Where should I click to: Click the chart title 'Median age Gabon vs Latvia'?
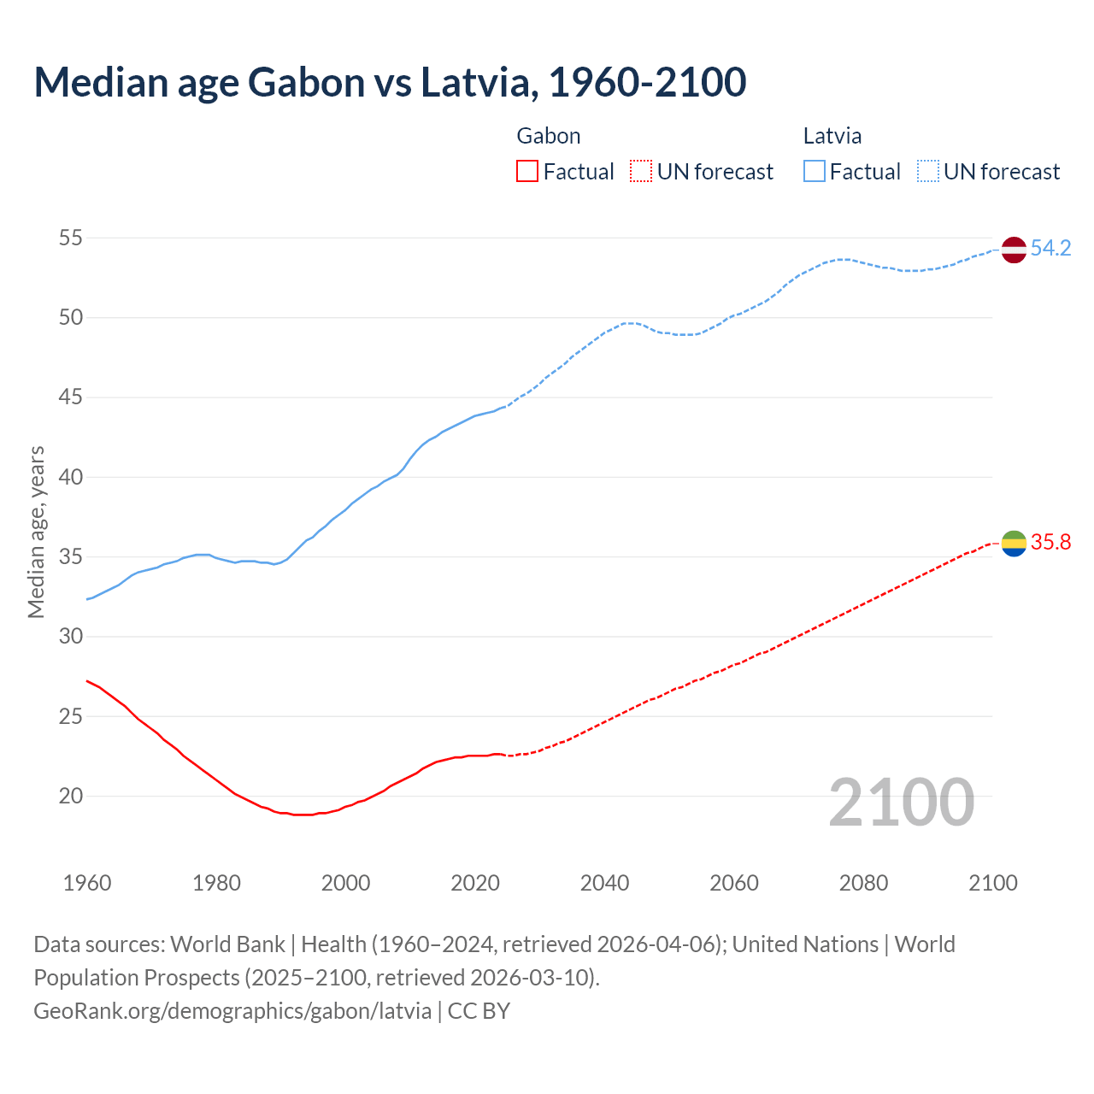coord(390,82)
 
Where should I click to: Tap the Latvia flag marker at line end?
coord(1013,250)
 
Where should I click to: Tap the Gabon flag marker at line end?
coord(1013,544)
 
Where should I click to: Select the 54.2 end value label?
coord(1050,249)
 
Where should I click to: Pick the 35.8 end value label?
coord(1050,543)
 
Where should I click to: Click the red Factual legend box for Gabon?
coord(527,172)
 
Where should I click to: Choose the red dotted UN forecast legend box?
coord(640,172)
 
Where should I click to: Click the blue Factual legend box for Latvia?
coord(815,172)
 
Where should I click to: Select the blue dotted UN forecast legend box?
coord(927,172)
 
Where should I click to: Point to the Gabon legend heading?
coord(549,136)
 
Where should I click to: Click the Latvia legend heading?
coord(832,136)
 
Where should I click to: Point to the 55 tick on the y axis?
coord(71,238)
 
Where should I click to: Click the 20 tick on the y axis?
coord(71,796)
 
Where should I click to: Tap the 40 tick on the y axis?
coord(71,477)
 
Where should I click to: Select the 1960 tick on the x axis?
coord(87,883)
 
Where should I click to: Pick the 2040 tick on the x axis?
coord(604,883)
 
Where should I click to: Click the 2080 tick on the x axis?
coord(863,883)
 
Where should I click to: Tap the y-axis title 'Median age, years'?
coord(36,532)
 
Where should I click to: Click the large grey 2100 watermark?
coord(901,803)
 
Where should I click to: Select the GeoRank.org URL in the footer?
coord(232,1011)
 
